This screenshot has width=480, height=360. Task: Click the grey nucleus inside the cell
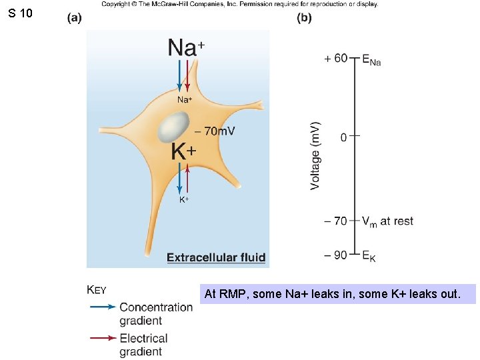pyautogui.click(x=174, y=127)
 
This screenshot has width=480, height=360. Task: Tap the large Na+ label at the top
pyautogui.click(x=186, y=48)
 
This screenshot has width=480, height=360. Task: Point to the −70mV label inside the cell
pyautogui.click(x=215, y=131)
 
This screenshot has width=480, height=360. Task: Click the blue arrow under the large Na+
pyautogui.click(x=179, y=76)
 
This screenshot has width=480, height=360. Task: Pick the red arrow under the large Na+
pyautogui.click(x=188, y=76)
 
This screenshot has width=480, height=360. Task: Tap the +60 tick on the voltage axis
pyautogui.click(x=354, y=58)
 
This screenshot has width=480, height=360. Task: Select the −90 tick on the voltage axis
pyautogui.click(x=354, y=254)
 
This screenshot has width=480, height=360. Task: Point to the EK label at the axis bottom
pyautogui.click(x=369, y=255)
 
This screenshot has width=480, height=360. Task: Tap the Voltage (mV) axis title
pyautogui.click(x=315, y=155)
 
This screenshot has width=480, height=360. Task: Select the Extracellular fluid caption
pyautogui.click(x=216, y=257)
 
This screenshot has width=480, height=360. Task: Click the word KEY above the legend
pyautogui.click(x=97, y=289)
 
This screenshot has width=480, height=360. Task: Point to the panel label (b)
pyautogui.click(x=304, y=18)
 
